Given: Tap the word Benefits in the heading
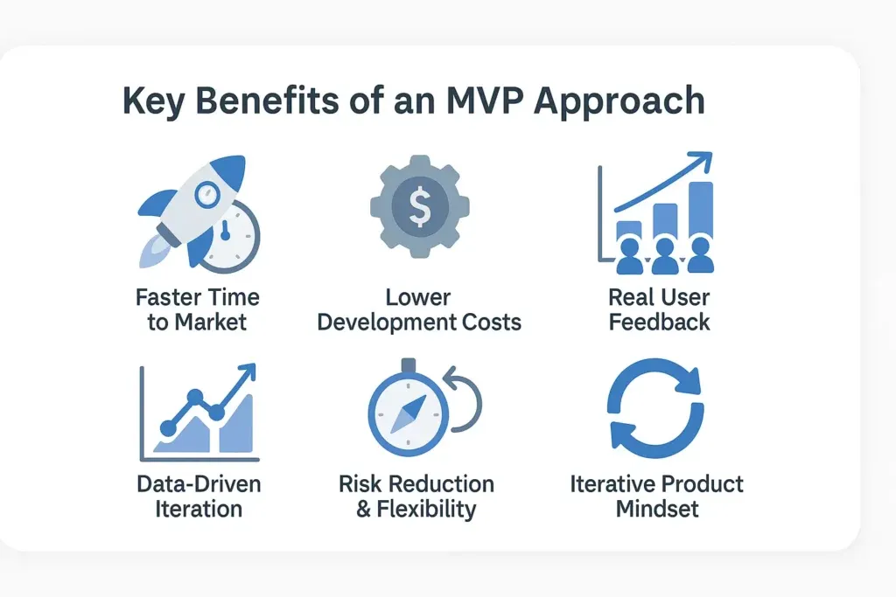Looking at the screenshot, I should pos(268,101).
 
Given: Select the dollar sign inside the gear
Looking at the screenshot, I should pos(419,206).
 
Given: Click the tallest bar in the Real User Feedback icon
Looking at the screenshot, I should pos(700,214).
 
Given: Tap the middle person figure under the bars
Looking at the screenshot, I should pos(664,256).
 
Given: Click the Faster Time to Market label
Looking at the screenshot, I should pos(197,309).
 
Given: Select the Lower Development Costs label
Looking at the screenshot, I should pos(419,309).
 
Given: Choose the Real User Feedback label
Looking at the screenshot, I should pos(660,309).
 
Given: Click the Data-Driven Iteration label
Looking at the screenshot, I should pos(198,496).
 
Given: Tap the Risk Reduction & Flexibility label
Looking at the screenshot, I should pos(416,496).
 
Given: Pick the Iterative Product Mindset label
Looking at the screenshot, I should pos(656,496).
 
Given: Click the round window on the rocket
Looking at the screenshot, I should pos(206,195).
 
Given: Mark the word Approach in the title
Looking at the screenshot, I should pos(618,101).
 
